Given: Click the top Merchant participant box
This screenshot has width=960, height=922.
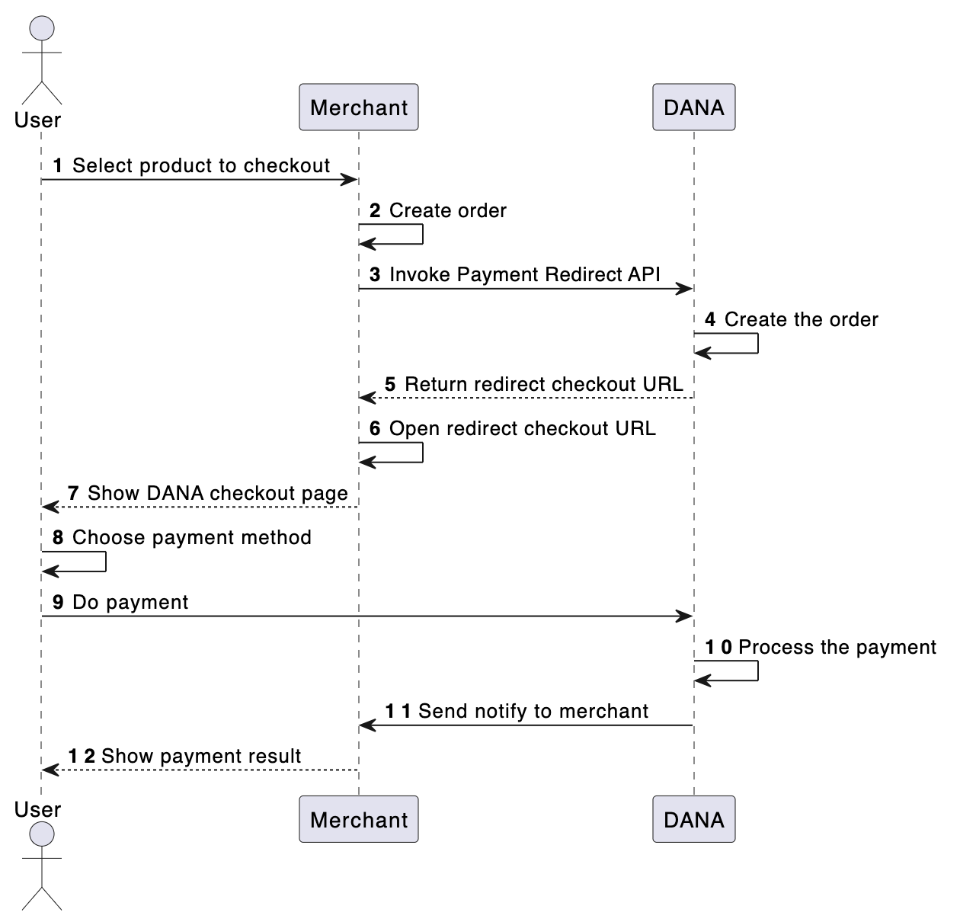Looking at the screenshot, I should click(x=358, y=107).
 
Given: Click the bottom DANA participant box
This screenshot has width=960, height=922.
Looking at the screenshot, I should click(x=693, y=820).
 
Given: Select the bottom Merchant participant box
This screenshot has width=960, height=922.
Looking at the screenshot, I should click(x=358, y=820).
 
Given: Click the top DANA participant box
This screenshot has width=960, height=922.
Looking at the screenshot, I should click(x=693, y=107).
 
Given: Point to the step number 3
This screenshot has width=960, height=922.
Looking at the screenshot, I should click(x=375, y=275).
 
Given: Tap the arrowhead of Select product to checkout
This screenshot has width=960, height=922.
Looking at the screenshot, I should click(x=350, y=180).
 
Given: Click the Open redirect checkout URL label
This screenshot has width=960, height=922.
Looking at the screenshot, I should click(x=522, y=428).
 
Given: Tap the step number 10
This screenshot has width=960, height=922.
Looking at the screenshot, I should click(x=718, y=648).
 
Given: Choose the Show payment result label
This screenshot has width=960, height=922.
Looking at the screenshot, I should click(x=200, y=756).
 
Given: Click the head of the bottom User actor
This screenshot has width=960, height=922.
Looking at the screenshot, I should click(x=41, y=834).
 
